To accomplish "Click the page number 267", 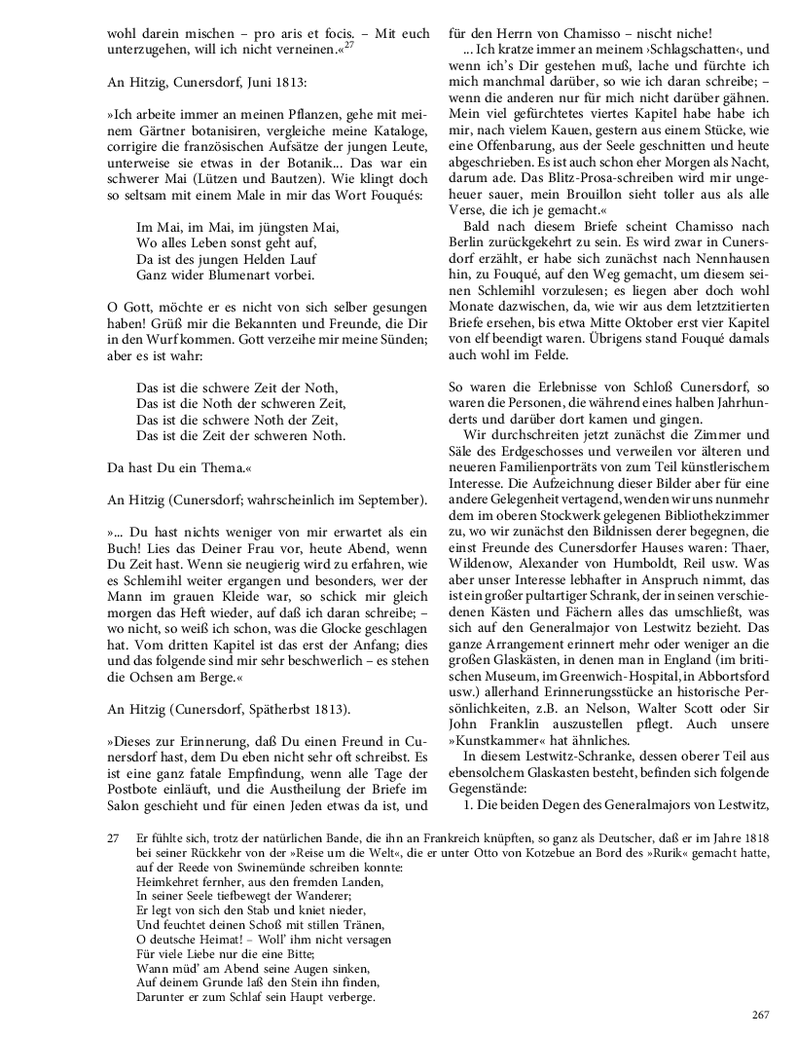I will (761, 1015).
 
